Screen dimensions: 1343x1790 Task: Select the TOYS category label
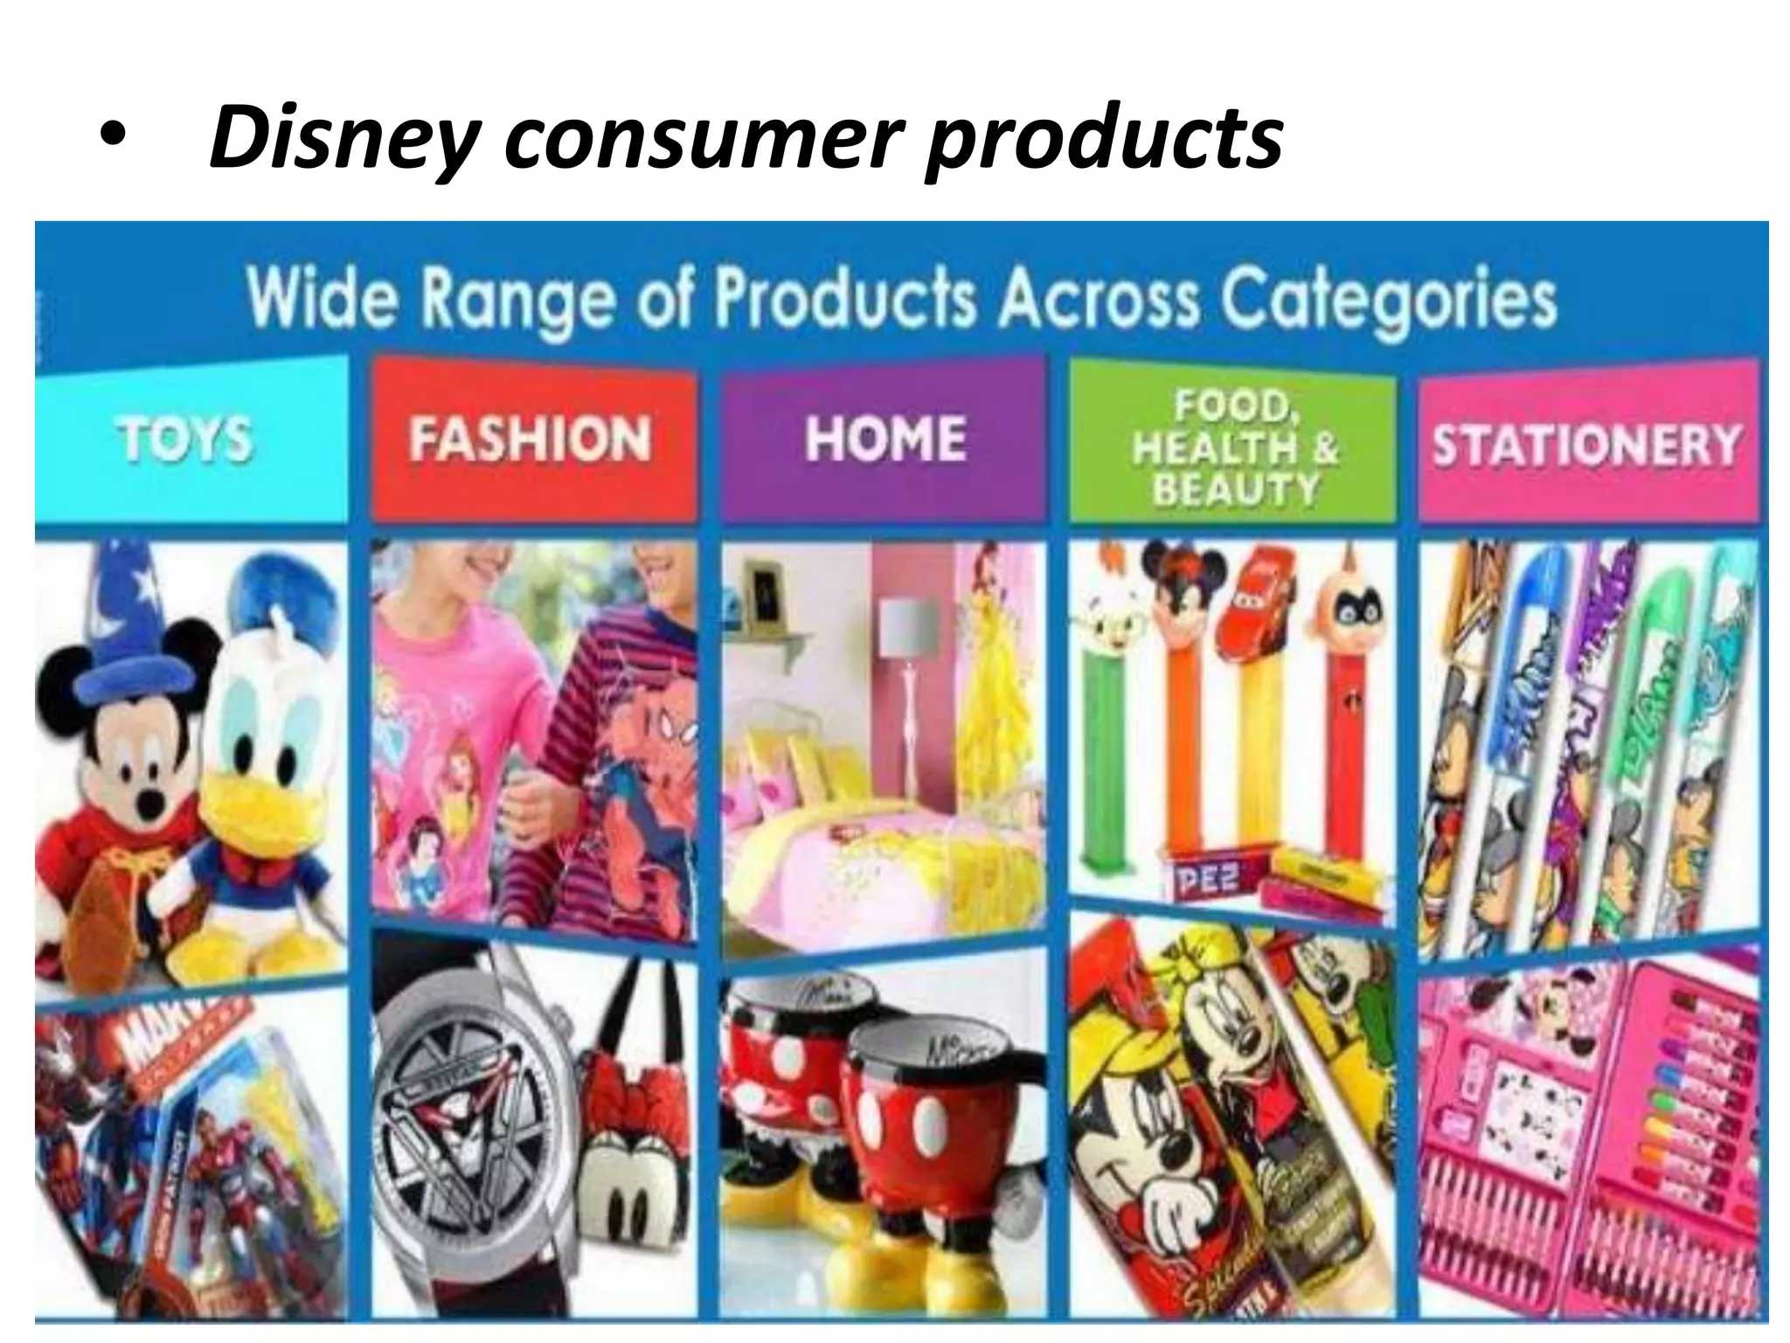(x=184, y=439)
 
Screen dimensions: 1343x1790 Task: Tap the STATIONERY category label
(x=1585, y=444)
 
